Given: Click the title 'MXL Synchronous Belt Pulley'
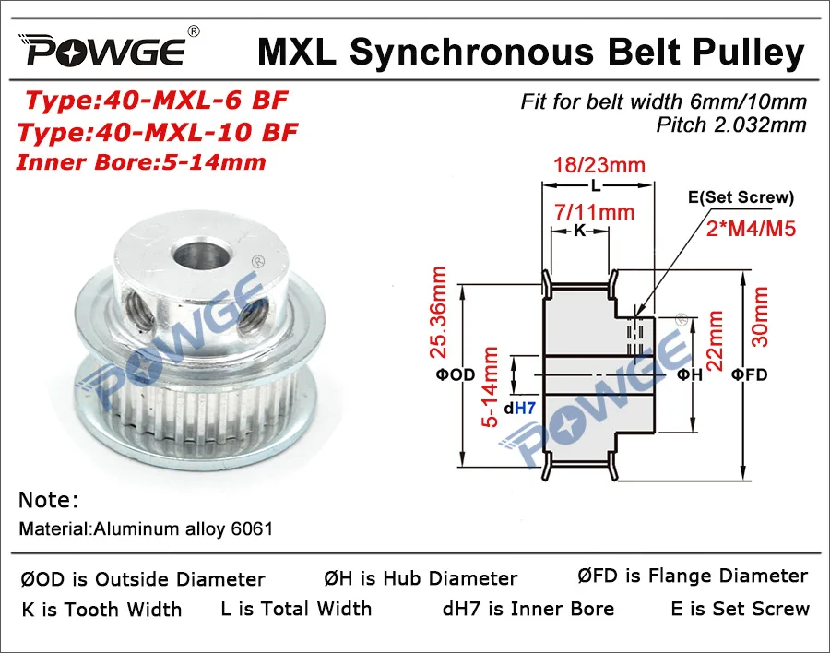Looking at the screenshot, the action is click(530, 53).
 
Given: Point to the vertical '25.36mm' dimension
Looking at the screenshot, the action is click(440, 312).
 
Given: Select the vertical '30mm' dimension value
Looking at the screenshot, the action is click(762, 316).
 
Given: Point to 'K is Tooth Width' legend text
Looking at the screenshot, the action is click(101, 610).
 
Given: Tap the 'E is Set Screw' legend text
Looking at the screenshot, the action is click(740, 609).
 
